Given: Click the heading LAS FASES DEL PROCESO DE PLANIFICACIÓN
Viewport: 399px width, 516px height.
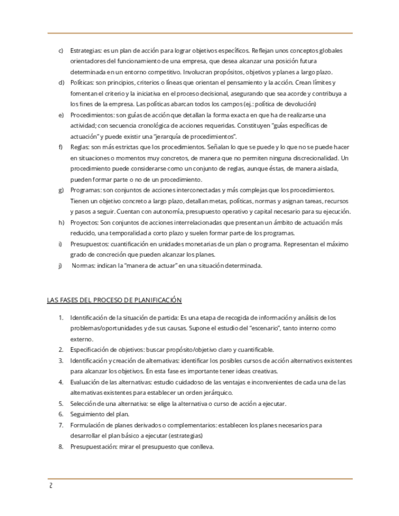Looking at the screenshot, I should [115, 300].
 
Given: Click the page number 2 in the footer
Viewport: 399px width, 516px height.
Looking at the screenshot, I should [51, 486].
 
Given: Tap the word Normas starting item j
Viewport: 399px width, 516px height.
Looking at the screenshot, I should [85, 265].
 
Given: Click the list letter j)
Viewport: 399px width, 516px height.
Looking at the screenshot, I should [60, 265].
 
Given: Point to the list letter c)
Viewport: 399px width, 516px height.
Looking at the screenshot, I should [61, 49].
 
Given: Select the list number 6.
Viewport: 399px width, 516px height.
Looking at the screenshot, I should [61, 414].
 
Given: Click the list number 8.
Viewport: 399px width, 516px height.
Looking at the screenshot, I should [61, 446].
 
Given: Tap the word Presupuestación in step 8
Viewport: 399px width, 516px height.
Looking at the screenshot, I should [94, 446].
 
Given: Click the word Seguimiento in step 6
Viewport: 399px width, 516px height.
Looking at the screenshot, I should [89, 414].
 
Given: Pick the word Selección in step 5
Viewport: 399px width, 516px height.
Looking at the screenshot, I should [85, 403].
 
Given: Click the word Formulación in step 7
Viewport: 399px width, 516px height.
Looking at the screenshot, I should [88, 425].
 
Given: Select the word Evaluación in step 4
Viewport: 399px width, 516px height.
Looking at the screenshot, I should [87, 382].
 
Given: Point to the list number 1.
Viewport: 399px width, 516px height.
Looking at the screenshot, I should [61, 318].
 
